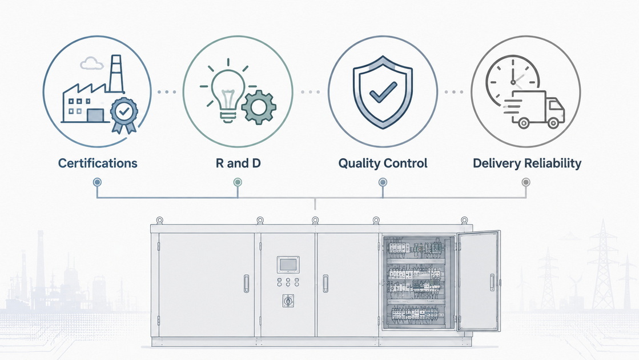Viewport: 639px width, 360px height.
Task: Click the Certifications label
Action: (98, 163)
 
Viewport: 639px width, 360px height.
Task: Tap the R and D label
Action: (238, 163)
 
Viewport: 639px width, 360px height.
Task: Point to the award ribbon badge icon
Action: (124, 114)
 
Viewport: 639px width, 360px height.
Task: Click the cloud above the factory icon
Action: (91, 63)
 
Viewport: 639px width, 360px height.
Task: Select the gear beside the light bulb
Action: (259, 107)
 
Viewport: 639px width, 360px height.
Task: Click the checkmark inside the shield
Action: (383, 92)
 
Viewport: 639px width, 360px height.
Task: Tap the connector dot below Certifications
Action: (97, 182)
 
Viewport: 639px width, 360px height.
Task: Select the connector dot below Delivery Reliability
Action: (526, 182)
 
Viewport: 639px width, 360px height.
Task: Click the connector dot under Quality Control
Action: (383, 182)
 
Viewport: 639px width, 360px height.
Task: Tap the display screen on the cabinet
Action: (288, 265)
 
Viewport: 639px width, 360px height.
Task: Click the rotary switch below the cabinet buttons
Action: (288, 301)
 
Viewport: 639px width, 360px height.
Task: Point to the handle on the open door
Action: (492, 282)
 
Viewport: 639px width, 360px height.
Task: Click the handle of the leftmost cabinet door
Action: (246, 283)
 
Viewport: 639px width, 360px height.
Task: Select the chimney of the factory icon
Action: (116, 73)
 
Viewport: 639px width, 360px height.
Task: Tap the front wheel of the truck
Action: (553, 122)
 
